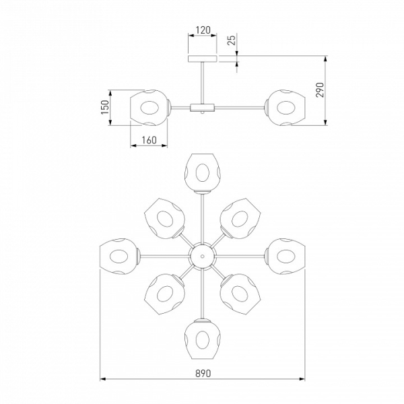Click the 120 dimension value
[x=203, y=30]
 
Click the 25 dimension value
[x=232, y=40]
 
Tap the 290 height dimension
[x=319, y=90]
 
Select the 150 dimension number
[x=105, y=107]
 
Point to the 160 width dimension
[x=149, y=140]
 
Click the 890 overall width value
[x=203, y=373]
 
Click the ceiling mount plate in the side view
[x=203, y=59]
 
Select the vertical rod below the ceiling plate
[x=203, y=83]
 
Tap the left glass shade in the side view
[x=150, y=108]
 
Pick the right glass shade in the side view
[x=285, y=108]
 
